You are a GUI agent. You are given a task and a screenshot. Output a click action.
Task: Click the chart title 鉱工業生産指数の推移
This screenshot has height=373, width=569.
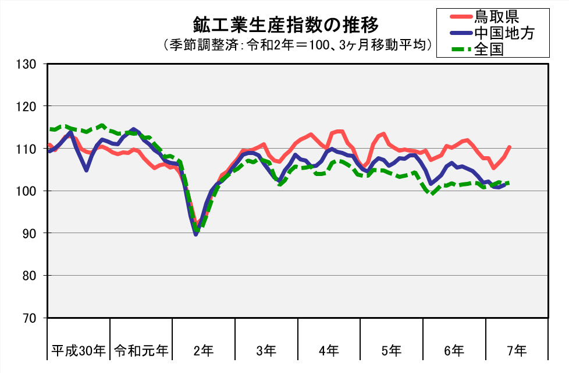(286, 25)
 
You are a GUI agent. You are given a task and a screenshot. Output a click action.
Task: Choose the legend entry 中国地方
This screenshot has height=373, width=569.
(504, 33)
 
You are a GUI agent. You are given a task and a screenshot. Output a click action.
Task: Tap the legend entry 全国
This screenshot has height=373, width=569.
(489, 48)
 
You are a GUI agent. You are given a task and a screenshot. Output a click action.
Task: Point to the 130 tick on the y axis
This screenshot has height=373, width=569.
(26, 64)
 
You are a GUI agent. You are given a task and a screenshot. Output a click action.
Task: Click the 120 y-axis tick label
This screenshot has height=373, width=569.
(26, 107)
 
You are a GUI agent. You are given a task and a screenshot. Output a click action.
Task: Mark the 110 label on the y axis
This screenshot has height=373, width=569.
(26, 149)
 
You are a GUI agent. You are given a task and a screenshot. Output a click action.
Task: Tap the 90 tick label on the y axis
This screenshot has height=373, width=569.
(29, 233)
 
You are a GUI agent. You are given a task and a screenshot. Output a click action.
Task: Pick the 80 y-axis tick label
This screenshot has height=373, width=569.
(29, 276)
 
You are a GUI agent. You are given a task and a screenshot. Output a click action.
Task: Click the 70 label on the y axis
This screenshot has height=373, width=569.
(29, 318)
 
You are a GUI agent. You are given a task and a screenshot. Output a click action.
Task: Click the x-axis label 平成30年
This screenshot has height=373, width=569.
(79, 351)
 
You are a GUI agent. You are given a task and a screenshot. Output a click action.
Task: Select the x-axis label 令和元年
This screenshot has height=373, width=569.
(141, 351)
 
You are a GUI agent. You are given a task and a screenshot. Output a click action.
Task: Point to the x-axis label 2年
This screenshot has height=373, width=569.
(204, 351)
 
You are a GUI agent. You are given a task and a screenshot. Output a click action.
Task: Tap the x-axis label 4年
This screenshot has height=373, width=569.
(329, 351)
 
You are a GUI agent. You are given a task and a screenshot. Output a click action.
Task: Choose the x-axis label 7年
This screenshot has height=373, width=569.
(517, 351)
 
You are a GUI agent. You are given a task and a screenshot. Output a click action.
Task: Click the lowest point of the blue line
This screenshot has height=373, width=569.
(195, 234)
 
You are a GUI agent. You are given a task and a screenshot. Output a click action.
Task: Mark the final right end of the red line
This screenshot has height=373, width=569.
(510, 147)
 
